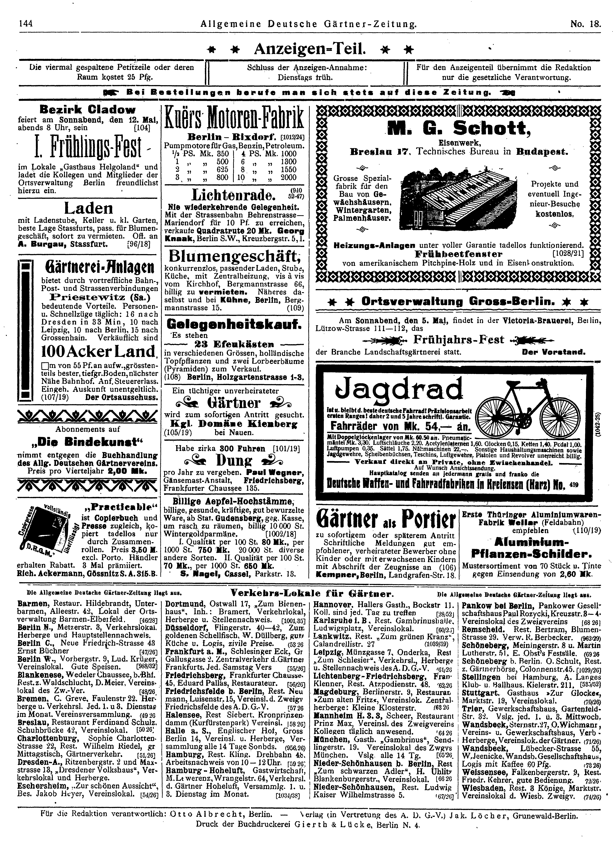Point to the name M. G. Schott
point(458,129)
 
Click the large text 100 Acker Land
point(87,351)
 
